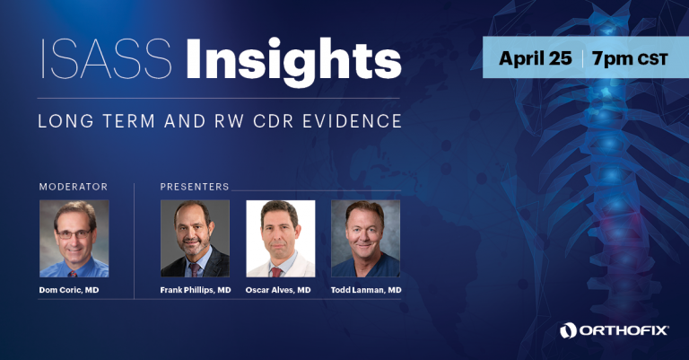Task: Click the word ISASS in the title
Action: point(106,59)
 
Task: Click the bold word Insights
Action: point(293,62)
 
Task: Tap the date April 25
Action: point(536,58)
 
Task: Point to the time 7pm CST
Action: point(630,59)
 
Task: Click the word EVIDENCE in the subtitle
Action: point(352,121)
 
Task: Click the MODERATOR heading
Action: point(74,187)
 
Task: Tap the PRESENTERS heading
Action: point(195,187)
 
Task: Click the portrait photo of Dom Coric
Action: point(74,239)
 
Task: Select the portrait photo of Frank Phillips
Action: point(195,239)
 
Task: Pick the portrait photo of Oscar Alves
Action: point(280,239)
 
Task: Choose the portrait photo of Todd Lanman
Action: point(366,239)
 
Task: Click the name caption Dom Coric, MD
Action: point(69,290)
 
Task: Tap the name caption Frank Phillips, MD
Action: point(196,290)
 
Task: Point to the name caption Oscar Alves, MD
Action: point(278,290)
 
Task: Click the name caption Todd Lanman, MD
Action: point(366,290)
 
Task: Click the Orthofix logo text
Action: point(624,330)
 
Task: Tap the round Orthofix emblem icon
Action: point(568,330)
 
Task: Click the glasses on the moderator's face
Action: point(74,234)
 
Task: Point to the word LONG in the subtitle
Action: point(65,121)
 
